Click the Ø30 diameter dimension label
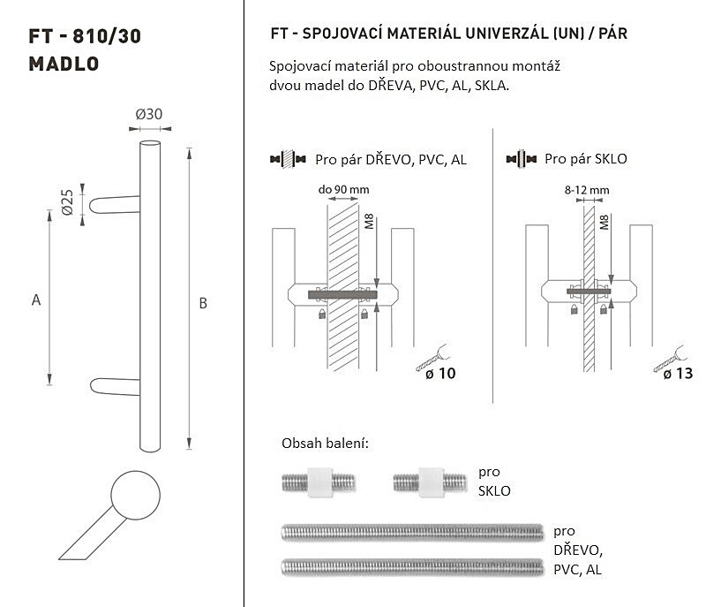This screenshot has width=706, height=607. coord(149,114)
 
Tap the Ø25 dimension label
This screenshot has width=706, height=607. coord(67,202)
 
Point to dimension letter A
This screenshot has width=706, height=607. coord(36,300)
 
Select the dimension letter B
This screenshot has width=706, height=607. coord(203,303)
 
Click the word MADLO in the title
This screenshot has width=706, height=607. coord(64,64)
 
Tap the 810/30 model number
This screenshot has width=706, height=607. coord(107,36)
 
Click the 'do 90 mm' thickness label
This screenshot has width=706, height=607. coord(343,189)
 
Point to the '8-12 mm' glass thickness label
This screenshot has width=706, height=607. coord(587,190)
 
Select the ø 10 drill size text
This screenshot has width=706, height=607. coord(440,374)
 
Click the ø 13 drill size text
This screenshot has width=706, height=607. coord(678,374)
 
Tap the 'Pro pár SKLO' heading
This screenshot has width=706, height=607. coord(586,159)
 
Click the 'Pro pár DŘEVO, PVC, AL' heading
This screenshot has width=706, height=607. coord(391,160)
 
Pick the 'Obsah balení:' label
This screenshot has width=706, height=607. coord(325,444)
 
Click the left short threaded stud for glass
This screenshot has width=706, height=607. coord(319,482)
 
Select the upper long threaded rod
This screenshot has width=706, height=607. coord(412,533)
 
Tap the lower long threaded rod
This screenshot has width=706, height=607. coord(412,567)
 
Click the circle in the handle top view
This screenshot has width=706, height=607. coord(136,496)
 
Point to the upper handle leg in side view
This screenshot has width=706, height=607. coord(115,205)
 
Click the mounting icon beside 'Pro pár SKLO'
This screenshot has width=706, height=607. coord(521,159)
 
